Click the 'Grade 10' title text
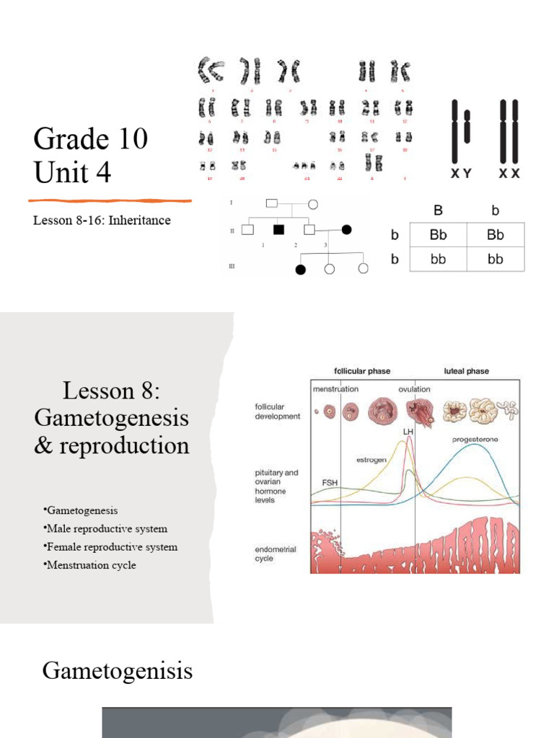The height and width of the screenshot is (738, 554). pyautogui.click(x=90, y=138)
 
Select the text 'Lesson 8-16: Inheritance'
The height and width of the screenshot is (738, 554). pyautogui.click(x=102, y=221)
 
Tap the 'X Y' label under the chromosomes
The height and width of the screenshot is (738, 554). pyautogui.click(x=461, y=174)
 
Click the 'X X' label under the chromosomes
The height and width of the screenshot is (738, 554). pyautogui.click(x=509, y=174)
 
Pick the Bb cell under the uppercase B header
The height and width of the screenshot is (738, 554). pyautogui.click(x=438, y=235)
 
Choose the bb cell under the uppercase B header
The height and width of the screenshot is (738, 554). pyautogui.click(x=438, y=259)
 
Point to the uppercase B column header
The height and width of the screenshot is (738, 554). pyautogui.click(x=437, y=211)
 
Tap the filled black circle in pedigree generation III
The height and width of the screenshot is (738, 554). pyautogui.click(x=301, y=270)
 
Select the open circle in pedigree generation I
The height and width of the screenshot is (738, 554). pyautogui.click(x=313, y=204)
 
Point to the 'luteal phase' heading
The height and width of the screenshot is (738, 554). pyautogui.click(x=465, y=371)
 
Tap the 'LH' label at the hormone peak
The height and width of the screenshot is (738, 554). pyautogui.click(x=408, y=432)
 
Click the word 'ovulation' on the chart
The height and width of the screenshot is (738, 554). pyautogui.click(x=414, y=389)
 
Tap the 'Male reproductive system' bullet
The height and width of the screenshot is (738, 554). pyautogui.click(x=105, y=529)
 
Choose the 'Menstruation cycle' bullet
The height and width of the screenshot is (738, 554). pyautogui.click(x=91, y=565)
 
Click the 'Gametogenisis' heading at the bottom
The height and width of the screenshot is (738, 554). pyautogui.click(x=118, y=672)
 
